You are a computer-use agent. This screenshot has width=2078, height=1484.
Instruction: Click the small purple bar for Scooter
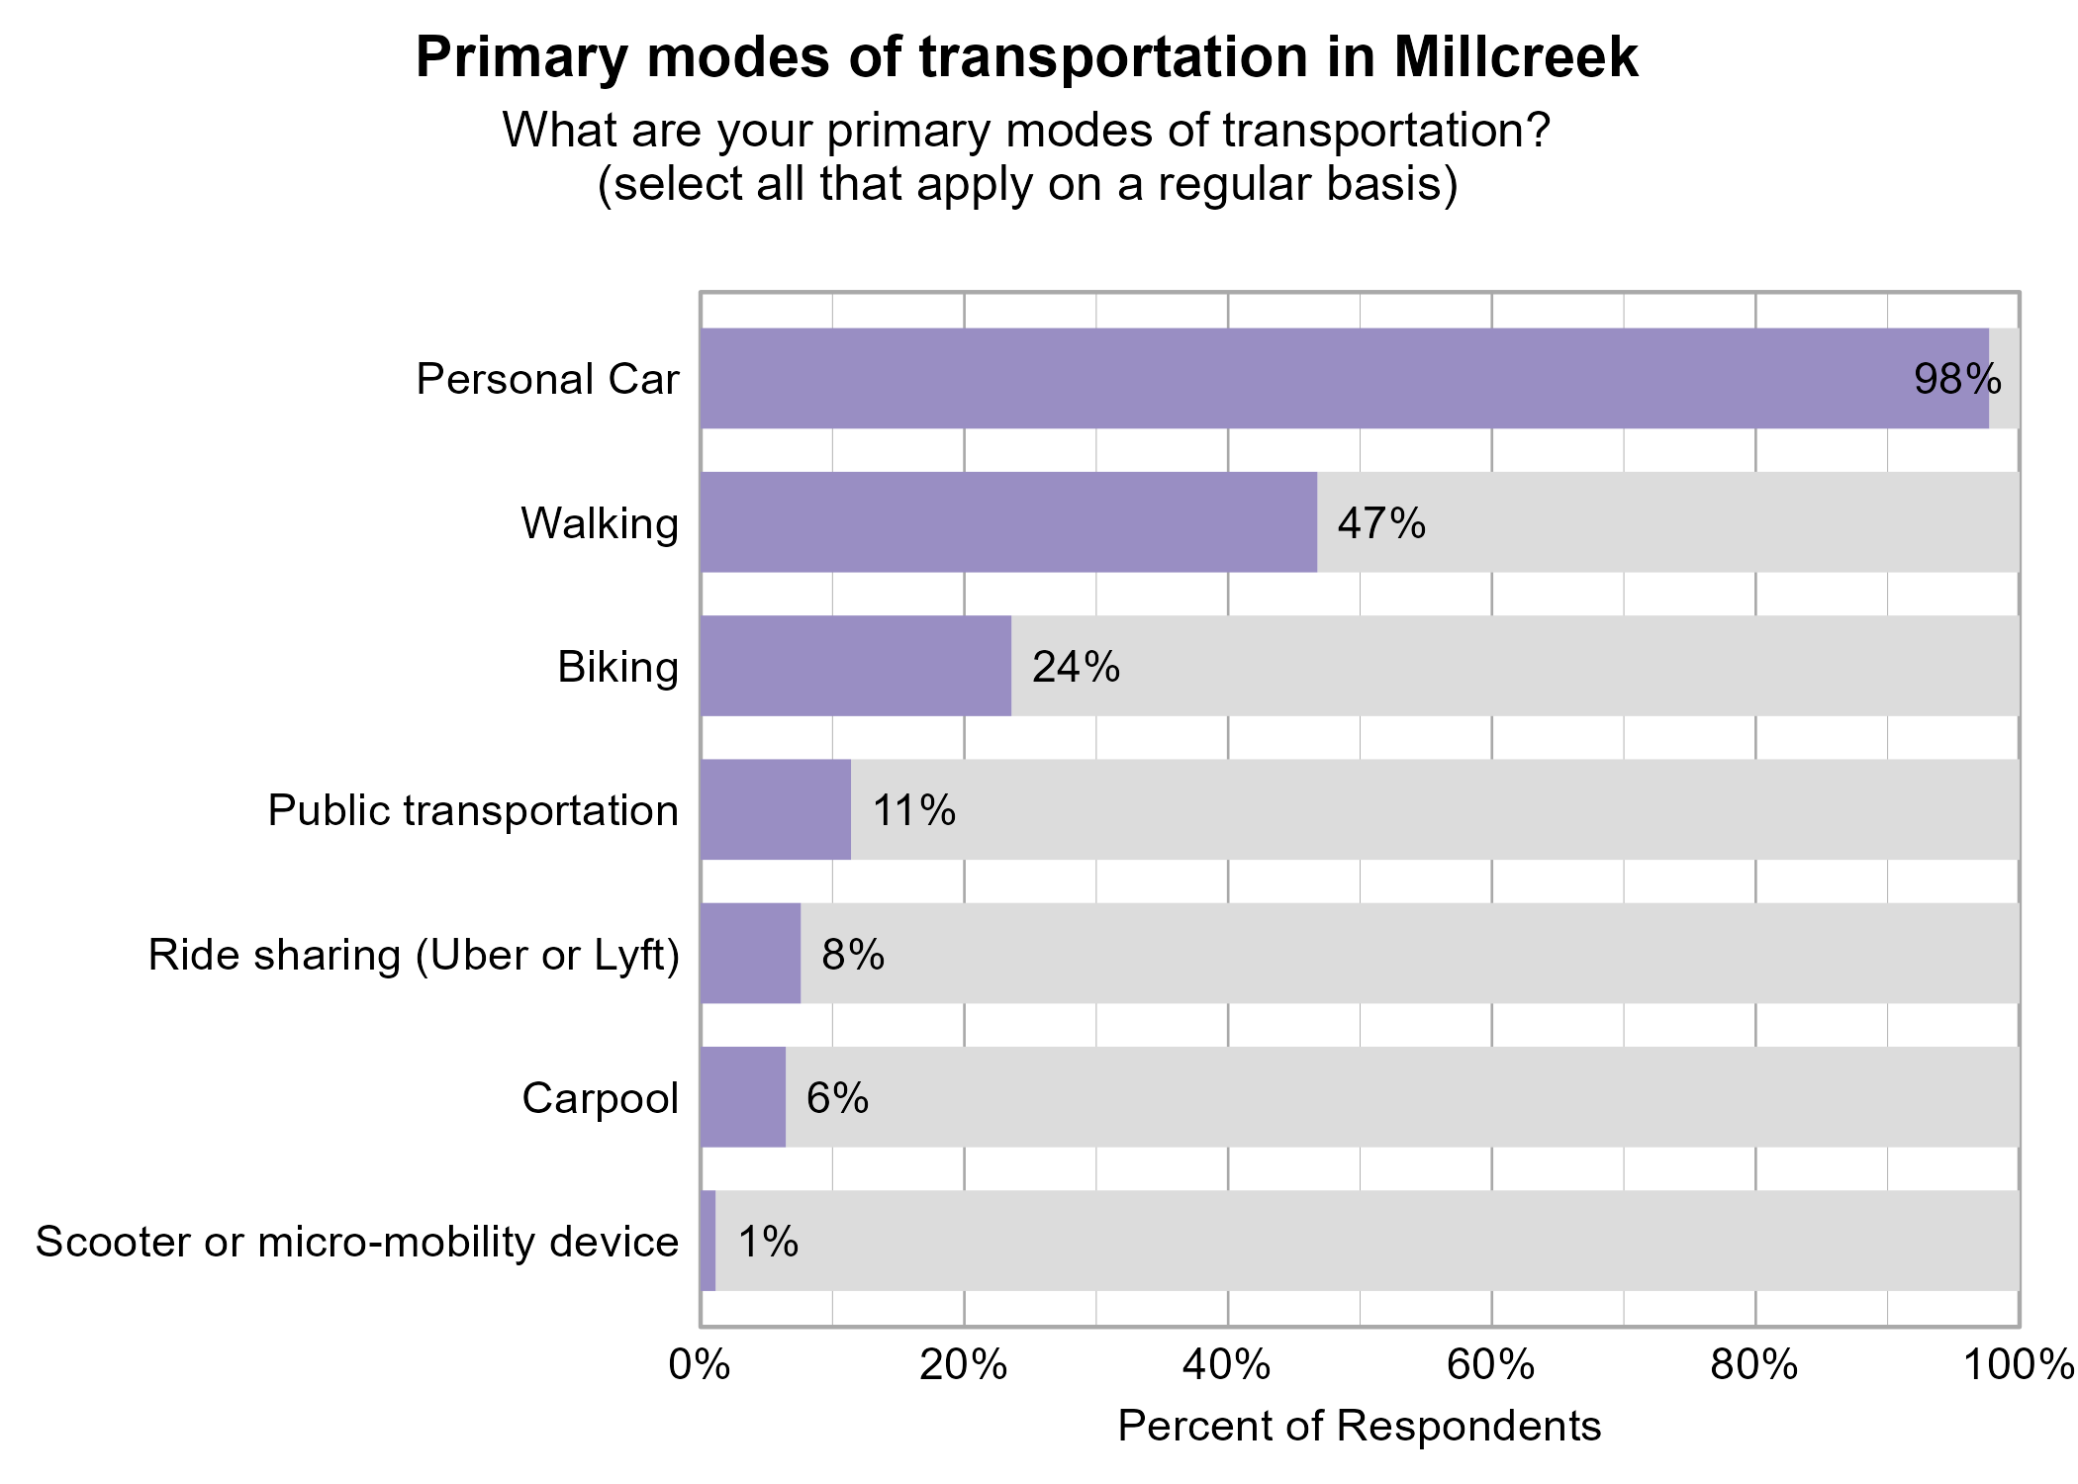(x=708, y=1241)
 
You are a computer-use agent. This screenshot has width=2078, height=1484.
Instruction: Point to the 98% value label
(x=1957, y=380)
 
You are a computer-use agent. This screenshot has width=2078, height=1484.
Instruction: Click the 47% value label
(x=1381, y=523)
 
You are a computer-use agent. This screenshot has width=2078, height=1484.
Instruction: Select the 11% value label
(x=913, y=811)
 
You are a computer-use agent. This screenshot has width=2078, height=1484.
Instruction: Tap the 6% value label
(x=837, y=1098)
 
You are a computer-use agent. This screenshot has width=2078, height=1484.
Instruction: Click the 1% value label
(x=768, y=1242)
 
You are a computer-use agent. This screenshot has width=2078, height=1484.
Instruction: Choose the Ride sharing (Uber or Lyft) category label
(x=414, y=956)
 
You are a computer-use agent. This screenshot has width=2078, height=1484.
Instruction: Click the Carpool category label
(x=600, y=1098)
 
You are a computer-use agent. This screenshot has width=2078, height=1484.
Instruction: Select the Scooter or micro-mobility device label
(x=357, y=1242)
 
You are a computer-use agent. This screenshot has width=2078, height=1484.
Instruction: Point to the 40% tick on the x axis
(x=1228, y=1366)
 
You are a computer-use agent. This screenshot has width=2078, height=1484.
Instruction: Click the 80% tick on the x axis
(x=1755, y=1366)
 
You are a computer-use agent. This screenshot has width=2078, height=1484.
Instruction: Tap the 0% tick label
(x=700, y=1366)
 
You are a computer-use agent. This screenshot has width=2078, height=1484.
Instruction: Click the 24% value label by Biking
(x=1076, y=668)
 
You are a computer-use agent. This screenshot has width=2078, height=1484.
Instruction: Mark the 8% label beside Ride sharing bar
(x=852, y=955)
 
